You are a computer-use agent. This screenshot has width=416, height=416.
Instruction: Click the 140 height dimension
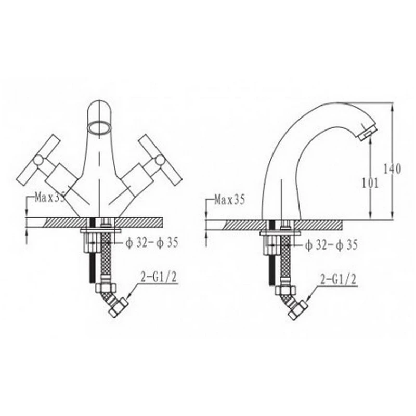(392, 168)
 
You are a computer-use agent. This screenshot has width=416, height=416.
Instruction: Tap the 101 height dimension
(370, 183)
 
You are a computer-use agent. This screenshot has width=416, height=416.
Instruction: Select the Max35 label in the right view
(229, 200)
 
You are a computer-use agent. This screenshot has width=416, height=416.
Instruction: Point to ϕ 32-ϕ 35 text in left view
(151, 242)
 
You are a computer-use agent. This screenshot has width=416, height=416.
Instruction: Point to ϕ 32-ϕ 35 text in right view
(331, 245)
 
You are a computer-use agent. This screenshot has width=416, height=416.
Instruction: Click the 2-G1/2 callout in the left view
(159, 278)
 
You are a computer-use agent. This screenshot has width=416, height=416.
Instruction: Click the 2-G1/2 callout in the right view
(339, 280)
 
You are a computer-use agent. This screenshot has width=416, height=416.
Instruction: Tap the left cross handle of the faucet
(39, 161)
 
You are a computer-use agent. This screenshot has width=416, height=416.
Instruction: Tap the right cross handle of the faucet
(161, 161)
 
